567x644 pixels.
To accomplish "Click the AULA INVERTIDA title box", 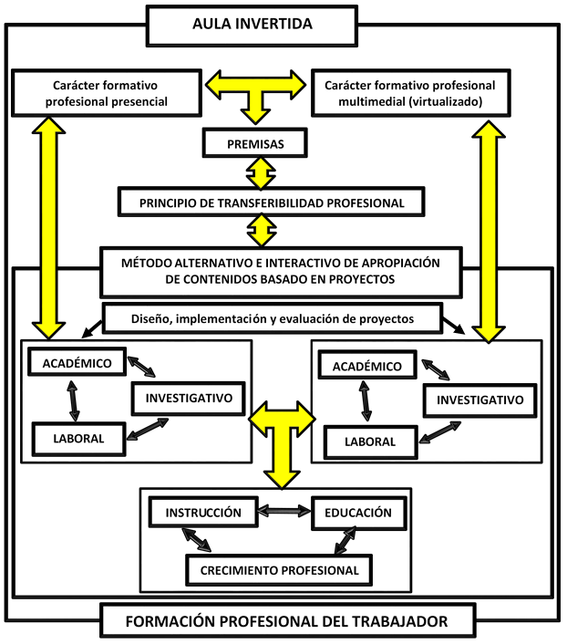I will (x=252, y=24).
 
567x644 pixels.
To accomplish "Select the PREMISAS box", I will (x=254, y=143).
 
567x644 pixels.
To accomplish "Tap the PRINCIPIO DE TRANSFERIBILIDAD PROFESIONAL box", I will (x=271, y=201).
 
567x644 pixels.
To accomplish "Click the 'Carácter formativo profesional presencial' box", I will (x=105, y=94).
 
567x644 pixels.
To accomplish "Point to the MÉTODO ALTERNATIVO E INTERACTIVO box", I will (x=281, y=271).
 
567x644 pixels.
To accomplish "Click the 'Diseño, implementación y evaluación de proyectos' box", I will (x=273, y=319).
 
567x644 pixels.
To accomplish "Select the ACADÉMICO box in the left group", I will (x=77, y=363).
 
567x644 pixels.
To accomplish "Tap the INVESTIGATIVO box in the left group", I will (x=189, y=397).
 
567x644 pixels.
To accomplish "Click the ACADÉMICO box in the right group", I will (x=366, y=366).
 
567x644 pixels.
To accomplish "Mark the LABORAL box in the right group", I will (x=369, y=441).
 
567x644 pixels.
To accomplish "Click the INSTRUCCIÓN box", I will (x=203, y=513).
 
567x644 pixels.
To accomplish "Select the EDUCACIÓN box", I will (x=357, y=513).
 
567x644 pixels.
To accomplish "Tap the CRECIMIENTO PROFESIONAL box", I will (x=279, y=571).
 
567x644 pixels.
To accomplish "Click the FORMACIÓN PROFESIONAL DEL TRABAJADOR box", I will (x=286, y=622).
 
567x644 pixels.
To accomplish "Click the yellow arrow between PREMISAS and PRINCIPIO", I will (x=262, y=171).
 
